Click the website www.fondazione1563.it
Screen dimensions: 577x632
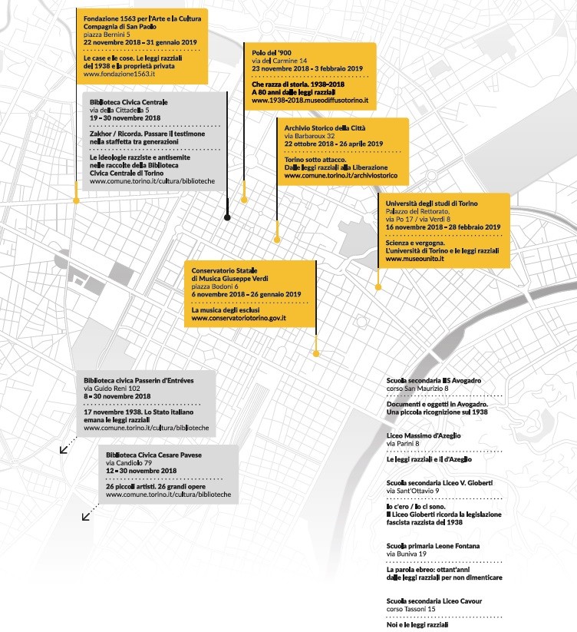coord(119,74)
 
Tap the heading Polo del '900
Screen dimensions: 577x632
coord(272,53)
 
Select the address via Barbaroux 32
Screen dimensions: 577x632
coord(309,136)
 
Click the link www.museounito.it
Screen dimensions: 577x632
coord(415,259)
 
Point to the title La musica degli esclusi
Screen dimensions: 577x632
coord(226,310)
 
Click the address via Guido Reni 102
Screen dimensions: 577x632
coord(112,389)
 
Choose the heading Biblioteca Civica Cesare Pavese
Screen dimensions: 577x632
coord(153,455)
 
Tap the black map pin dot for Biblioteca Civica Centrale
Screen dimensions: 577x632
coord(227,217)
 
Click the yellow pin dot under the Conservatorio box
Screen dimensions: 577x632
coord(316,354)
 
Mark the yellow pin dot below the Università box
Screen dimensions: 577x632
coord(378,287)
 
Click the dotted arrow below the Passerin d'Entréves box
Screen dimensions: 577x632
coord(68,445)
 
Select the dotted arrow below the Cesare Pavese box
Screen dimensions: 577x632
coord(91,512)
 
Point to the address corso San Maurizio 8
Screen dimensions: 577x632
coord(417,389)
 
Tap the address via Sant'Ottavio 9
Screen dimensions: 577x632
coord(413,491)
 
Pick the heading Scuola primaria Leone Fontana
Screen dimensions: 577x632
coord(433,546)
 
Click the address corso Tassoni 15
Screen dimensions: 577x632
coord(410,609)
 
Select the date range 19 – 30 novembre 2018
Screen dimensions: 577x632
coord(125,118)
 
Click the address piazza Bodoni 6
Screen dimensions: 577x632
coord(215,286)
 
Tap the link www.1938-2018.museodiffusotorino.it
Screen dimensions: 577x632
coord(310,101)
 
